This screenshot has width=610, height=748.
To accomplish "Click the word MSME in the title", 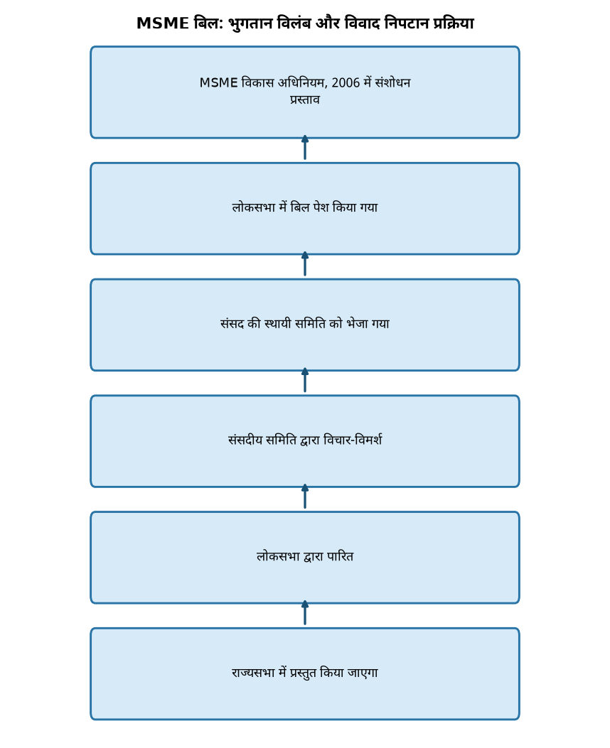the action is tap(163, 23).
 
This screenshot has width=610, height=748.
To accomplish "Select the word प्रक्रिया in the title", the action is tap(454, 23).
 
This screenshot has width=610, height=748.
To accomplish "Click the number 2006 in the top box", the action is tap(346, 83).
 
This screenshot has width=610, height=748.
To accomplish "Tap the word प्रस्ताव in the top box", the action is tap(304, 99).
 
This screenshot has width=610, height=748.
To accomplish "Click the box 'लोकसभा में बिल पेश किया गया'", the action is tap(305, 208).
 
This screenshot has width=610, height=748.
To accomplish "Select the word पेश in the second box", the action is tap(321, 207).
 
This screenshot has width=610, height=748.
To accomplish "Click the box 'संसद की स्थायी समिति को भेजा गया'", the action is tap(305, 325).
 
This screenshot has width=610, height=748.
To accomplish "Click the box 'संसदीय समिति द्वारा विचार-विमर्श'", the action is tap(305, 441).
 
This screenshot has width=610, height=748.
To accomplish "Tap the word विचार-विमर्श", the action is tap(352, 440).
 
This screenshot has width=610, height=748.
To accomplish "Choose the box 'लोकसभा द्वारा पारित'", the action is tap(305, 558).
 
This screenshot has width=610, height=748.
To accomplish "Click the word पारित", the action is tap(340, 556).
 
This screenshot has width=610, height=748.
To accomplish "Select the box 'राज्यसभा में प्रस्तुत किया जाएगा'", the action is tap(305, 674).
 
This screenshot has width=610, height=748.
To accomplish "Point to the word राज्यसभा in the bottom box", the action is tap(253, 673).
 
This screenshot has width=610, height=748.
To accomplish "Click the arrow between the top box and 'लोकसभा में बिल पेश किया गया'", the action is tap(305, 148).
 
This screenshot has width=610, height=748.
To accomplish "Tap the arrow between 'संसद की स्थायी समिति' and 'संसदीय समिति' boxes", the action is tap(305, 380).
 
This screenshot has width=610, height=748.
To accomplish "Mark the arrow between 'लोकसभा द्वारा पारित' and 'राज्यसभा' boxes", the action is tap(305, 613).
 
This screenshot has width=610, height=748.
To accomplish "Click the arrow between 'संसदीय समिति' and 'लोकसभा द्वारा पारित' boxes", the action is tap(305, 497).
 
